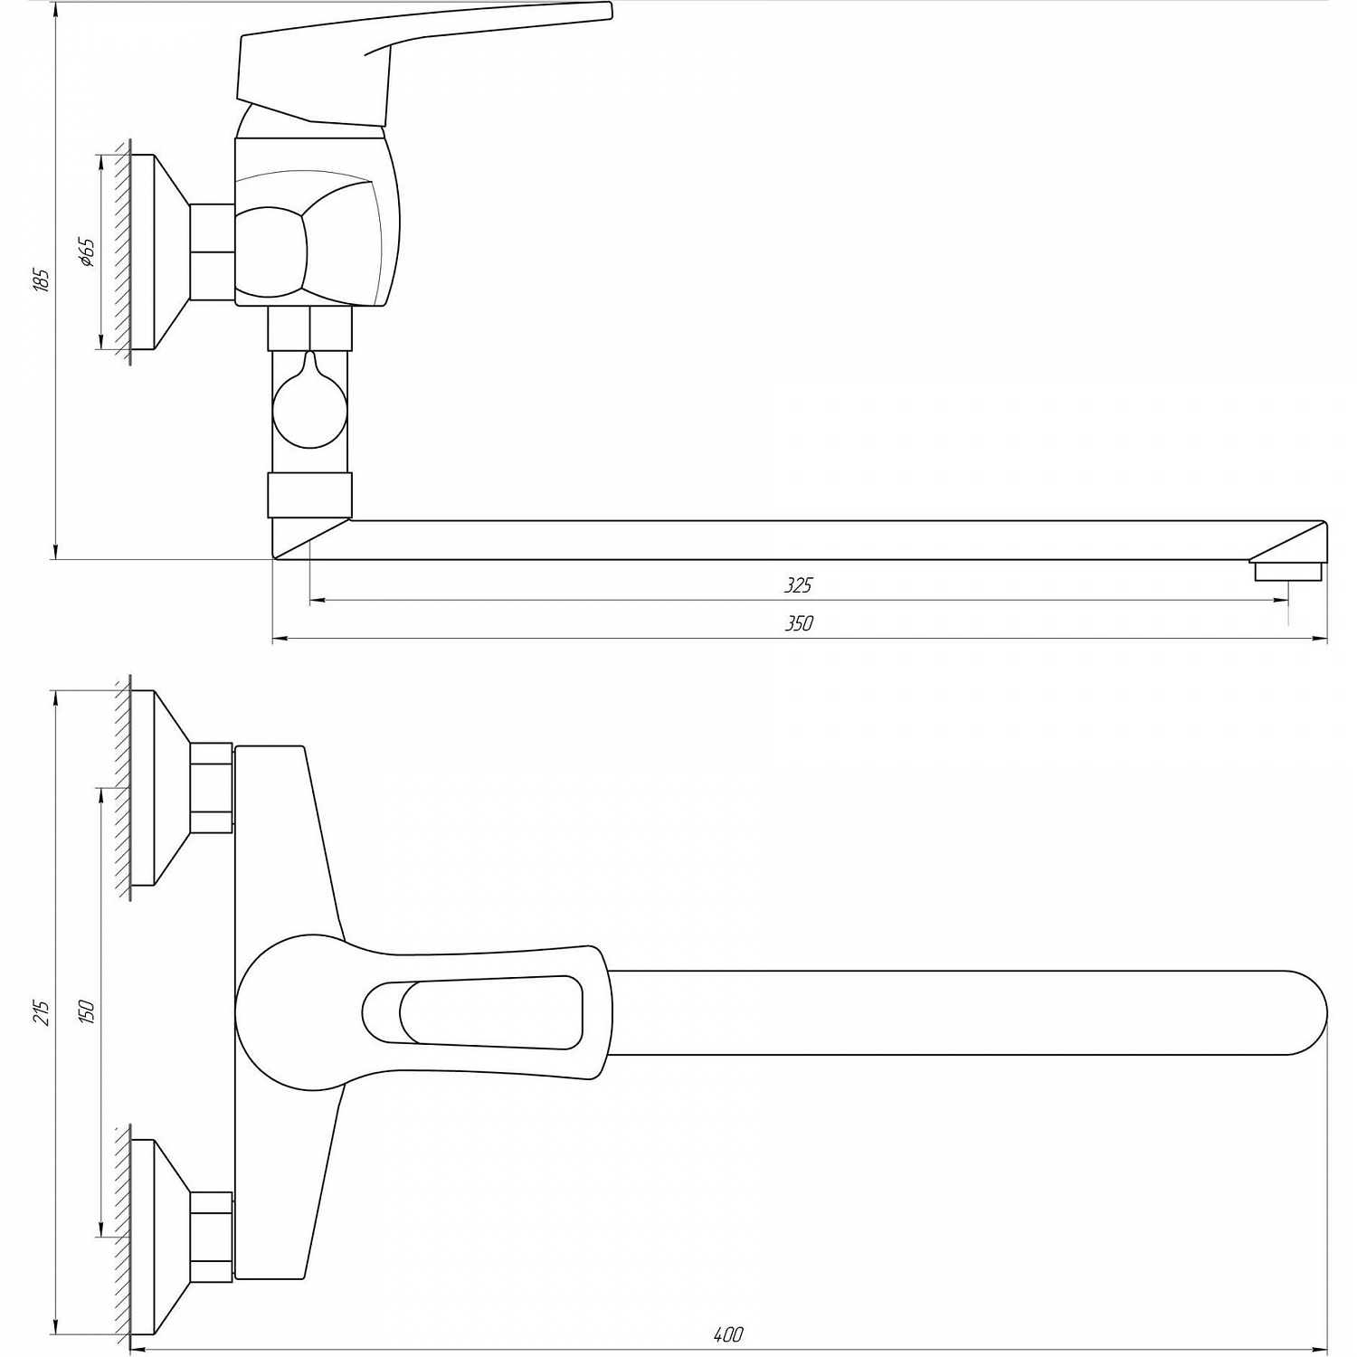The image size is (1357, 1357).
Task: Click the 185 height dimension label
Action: [41, 280]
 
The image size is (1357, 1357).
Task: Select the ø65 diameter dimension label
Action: [87, 252]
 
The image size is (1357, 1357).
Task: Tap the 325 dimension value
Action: [798, 585]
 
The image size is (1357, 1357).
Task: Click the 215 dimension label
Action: [41, 1011]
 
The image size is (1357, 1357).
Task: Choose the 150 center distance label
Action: [87, 1011]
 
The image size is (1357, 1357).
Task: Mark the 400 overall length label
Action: [727, 1333]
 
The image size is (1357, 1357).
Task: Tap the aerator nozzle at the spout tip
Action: [1287, 572]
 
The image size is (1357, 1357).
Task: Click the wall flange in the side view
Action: [158, 252]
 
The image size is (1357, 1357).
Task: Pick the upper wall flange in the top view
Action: [158, 788]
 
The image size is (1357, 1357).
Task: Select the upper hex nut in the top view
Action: [212, 787]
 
